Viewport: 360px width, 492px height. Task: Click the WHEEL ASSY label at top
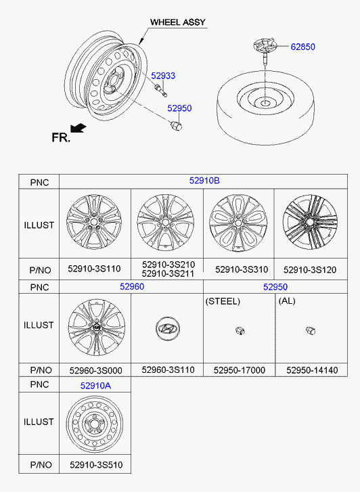click(178, 22)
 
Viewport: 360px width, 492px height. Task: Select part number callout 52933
click(163, 76)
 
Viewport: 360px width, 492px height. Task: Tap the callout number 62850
click(303, 47)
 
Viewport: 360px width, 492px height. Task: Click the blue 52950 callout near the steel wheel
click(179, 108)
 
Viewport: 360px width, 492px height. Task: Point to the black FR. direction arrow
click(78, 128)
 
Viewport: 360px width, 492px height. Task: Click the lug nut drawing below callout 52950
click(176, 125)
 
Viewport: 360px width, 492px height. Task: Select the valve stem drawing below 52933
click(160, 90)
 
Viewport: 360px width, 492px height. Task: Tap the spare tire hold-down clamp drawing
click(265, 50)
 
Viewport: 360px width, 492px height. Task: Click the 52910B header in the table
click(204, 181)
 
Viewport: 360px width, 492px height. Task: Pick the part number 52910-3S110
click(94, 269)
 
